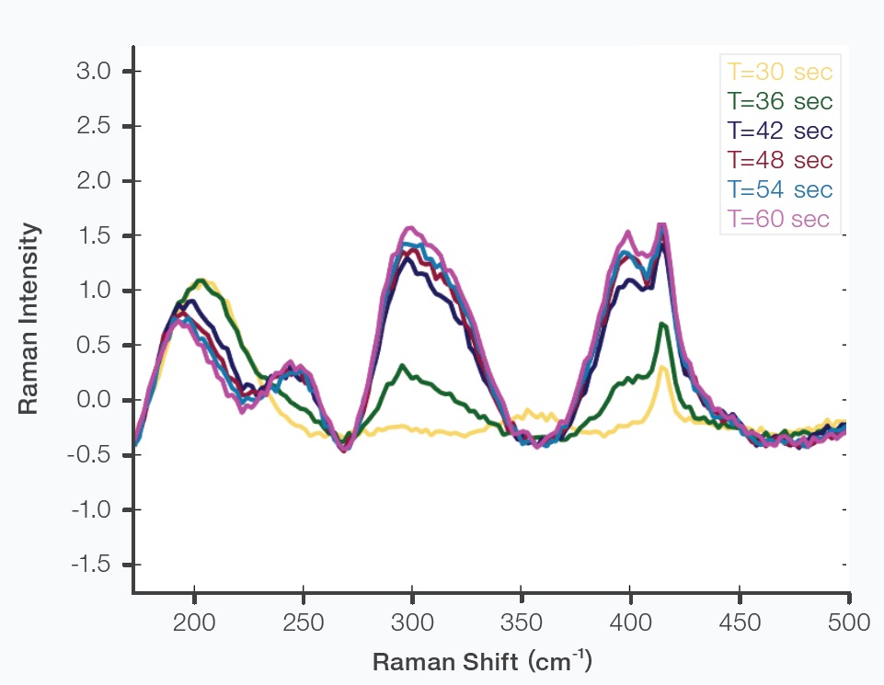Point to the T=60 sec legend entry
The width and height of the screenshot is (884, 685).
[x=778, y=220]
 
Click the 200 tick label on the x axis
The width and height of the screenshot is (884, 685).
[x=195, y=622]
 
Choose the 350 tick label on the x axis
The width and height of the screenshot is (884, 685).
[x=522, y=622]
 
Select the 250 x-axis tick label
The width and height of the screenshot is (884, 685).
[x=304, y=622]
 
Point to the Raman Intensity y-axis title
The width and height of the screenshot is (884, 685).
[x=29, y=318]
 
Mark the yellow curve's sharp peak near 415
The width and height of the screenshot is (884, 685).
[x=662, y=367]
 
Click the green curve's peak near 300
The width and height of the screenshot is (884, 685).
[x=402, y=365]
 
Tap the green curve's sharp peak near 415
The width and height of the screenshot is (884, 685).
[x=662, y=324]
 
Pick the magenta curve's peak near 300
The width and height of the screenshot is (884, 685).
[x=411, y=228]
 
